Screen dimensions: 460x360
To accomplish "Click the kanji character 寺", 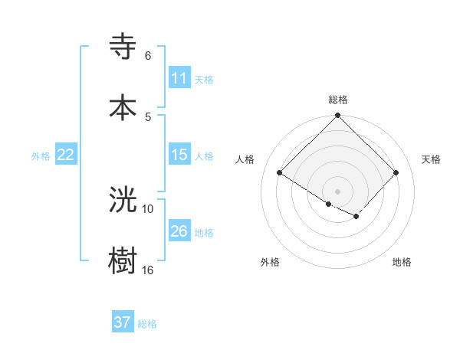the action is click(123, 47).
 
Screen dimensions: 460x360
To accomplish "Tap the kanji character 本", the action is click(123, 106).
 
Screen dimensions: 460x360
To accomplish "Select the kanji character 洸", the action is click(123, 199).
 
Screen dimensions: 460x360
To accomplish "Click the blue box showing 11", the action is click(179, 79).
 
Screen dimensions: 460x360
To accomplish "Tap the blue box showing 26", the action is click(179, 231).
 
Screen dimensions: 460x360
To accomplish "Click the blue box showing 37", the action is click(123, 322).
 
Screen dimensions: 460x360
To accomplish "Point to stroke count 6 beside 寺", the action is click(148, 56).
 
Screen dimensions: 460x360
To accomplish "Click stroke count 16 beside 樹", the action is click(148, 270).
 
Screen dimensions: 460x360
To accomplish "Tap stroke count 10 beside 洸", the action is click(148, 208).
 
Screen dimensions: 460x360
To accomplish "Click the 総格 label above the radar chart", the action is click(338, 100).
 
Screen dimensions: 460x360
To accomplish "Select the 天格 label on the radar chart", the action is click(432, 159).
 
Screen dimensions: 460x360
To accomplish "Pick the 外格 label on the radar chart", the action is click(270, 262).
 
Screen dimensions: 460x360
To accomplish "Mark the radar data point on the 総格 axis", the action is click(338, 116).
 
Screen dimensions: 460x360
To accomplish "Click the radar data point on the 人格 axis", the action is click(280, 173).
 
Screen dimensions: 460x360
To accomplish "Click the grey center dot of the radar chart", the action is click(338, 191).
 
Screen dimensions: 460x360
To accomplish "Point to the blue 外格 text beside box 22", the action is click(41, 156).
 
